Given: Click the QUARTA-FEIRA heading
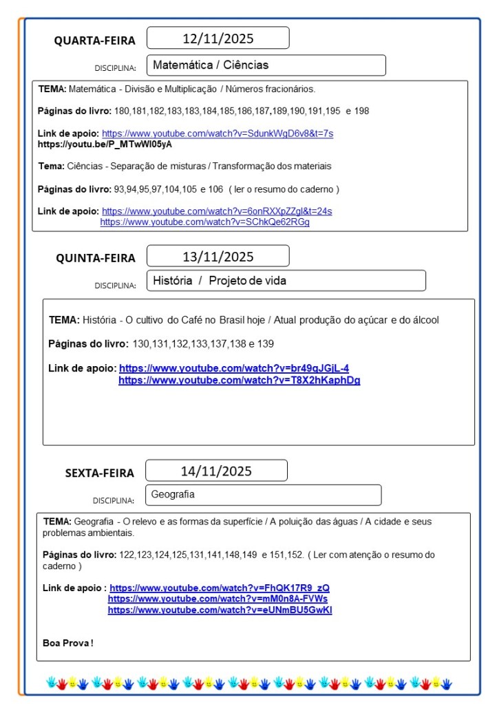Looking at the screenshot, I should click(x=95, y=41).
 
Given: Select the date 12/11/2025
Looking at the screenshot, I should click(x=218, y=39).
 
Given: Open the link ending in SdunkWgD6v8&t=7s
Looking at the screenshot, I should click(x=218, y=134).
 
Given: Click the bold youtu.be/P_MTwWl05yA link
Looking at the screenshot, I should click(x=105, y=145).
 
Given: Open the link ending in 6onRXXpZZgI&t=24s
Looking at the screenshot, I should click(x=217, y=211).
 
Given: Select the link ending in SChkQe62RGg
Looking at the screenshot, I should click(x=204, y=222).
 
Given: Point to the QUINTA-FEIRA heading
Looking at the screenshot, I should click(x=96, y=258).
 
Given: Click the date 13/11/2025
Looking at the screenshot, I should click(x=218, y=257).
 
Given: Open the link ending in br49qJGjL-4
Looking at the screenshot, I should click(x=234, y=368).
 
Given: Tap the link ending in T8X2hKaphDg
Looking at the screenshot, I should click(x=239, y=380).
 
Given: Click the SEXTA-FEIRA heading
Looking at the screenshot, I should click(x=100, y=473).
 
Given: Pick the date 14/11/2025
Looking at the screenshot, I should click(x=216, y=471).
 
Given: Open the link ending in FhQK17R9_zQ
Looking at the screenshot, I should click(x=220, y=588).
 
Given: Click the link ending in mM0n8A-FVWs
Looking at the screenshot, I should click(x=218, y=599).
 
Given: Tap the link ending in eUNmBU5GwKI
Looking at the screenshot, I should click(x=220, y=610).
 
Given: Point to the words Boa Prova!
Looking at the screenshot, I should click(x=67, y=643).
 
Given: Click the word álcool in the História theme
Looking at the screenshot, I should click(x=423, y=320).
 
